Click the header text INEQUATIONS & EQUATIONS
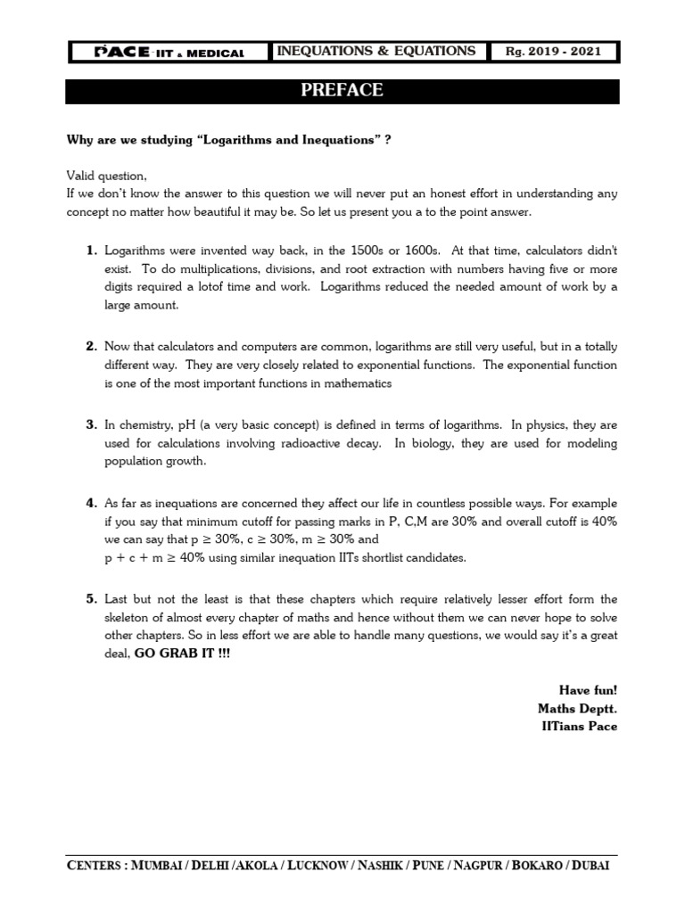click(x=376, y=52)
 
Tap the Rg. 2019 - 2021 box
click(x=554, y=52)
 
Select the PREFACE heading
click(x=342, y=91)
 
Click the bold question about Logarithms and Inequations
click(x=230, y=139)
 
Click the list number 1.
click(x=91, y=252)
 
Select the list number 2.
click(x=91, y=346)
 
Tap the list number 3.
click(x=91, y=424)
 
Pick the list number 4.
click(x=91, y=503)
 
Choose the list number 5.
click(x=91, y=599)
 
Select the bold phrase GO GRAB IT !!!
click(x=181, y=653)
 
